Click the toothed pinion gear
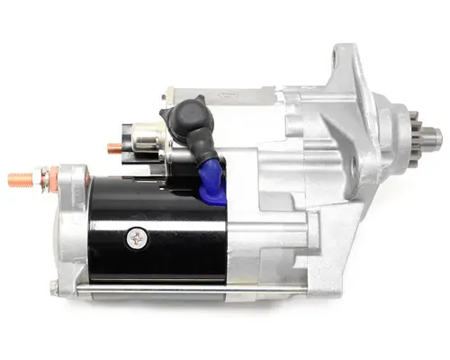(422, 139)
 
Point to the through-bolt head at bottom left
(53, 288)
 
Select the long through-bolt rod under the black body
(153, 288)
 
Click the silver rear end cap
(69, 225)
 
